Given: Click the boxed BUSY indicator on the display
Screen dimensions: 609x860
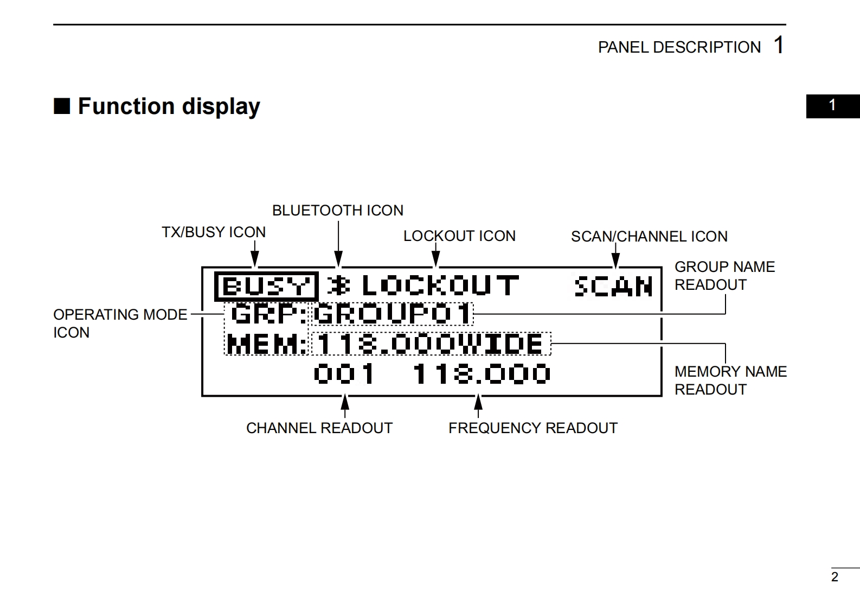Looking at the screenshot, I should (266, 286).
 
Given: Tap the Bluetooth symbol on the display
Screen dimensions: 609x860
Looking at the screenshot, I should (338, 286).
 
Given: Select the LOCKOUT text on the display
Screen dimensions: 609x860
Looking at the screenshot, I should (440, 286).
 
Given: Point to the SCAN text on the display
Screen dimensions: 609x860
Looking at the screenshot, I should (613, 286).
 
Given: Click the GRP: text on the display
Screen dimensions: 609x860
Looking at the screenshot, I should (266, 314).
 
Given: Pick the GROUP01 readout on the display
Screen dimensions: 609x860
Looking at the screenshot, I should (393, 314).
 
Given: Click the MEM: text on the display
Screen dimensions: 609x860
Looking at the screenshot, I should (266, 344).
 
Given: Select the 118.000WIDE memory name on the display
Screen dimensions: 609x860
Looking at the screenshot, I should (431, 344).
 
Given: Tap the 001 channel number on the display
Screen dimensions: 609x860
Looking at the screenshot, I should (344, 373).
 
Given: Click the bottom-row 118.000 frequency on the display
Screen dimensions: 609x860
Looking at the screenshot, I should (482, 373).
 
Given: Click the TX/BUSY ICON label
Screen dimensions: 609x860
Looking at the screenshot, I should (214, 232).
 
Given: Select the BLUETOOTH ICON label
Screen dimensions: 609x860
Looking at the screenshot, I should (338, 211).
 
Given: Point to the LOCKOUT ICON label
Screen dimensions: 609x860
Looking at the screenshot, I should (459, 236).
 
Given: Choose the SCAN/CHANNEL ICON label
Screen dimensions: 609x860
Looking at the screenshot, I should (649, 237).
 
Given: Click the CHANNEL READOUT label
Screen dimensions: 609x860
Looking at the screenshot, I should (319, 428).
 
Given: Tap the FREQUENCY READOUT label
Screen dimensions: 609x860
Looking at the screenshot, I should (533, 428).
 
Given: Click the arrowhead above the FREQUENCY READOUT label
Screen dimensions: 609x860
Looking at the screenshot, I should (478, 402).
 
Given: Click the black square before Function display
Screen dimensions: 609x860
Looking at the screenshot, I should (62, 106).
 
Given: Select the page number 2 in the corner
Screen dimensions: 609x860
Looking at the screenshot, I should (835, 577).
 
